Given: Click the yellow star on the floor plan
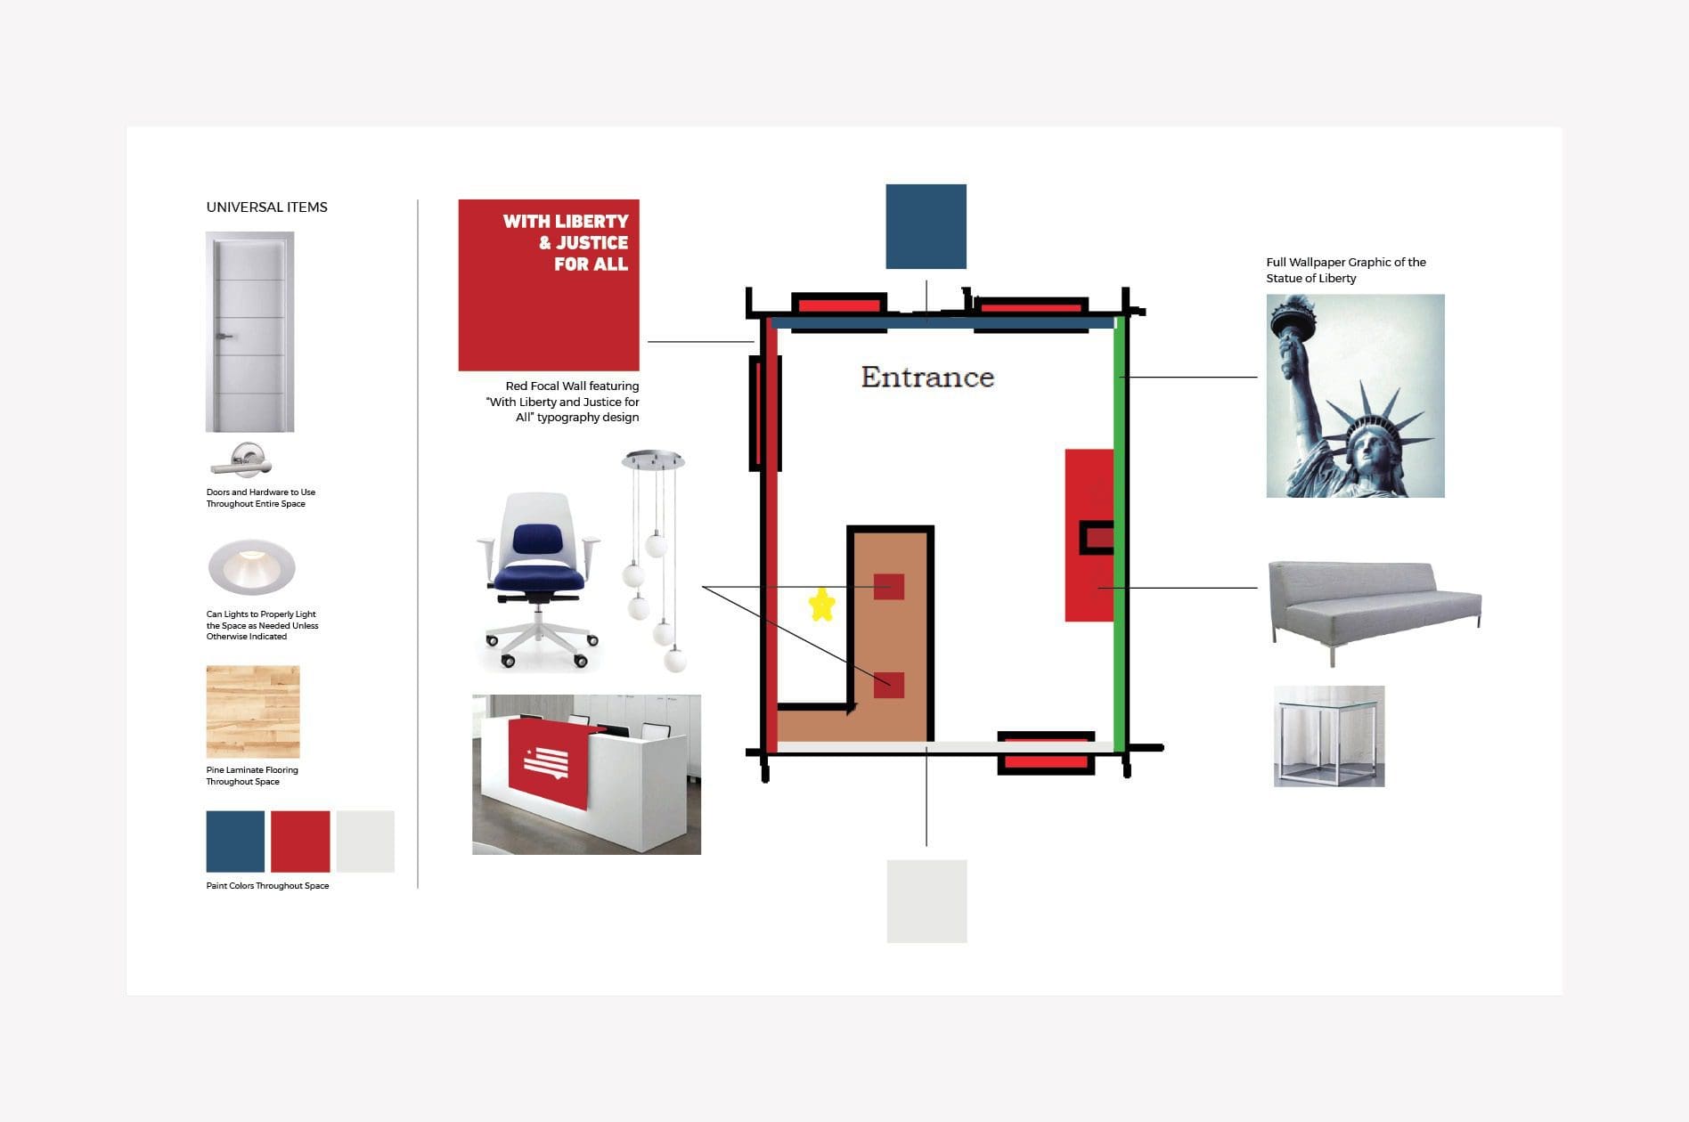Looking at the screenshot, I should [821, 604].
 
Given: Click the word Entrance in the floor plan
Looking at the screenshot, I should [927, 378].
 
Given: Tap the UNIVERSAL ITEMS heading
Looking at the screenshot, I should [266, 207].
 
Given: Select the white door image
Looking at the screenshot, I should [249, 332].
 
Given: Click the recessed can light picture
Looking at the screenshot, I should [251, 566].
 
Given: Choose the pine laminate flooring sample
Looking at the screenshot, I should [253, 711].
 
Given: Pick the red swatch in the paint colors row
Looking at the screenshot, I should [300, 841].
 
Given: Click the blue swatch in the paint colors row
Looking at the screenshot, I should [235, 841].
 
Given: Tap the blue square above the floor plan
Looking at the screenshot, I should [926, 226].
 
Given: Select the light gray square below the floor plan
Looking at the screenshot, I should [926, 901].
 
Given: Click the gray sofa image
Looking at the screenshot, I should [1374, 604].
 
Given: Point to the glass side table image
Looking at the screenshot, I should [1328, 736].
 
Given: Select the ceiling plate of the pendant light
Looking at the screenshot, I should [653, 459].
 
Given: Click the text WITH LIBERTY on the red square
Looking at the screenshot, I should [566, 221].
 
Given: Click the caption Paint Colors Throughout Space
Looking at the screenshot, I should [267, 886].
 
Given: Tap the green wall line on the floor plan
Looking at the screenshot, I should [1119, 534].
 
